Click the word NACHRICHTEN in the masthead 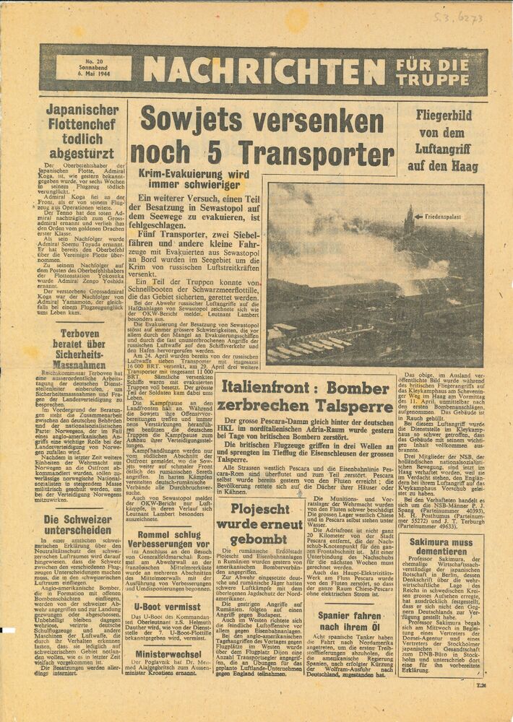click(x=264, y=70)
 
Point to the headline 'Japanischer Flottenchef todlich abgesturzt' click(x=82, y=131)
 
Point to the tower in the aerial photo click(x=410, y=220)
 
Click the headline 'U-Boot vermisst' click(x=167, y=607)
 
